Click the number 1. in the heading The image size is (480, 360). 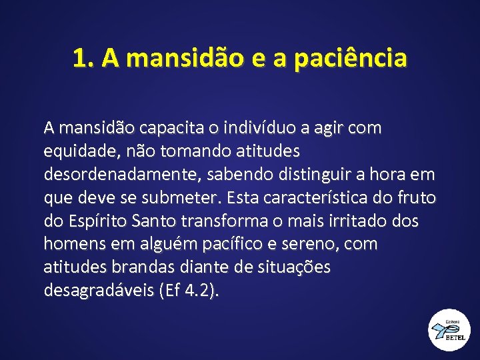click(85, 59)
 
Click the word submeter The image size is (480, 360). click(185, 198)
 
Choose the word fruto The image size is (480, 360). click(416, 198)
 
